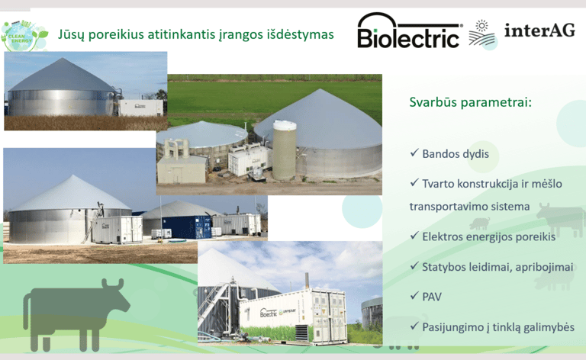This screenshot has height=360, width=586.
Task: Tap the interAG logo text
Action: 539,31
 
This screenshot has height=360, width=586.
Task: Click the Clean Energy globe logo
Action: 24,36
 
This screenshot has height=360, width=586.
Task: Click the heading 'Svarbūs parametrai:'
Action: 470,102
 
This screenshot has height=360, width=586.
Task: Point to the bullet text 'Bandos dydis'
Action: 456,154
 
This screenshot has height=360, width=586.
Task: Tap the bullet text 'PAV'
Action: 432,297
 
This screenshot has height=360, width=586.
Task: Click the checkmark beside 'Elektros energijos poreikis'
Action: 414,236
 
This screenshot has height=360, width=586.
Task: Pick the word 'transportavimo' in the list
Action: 446,207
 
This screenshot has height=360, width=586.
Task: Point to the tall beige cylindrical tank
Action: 285,150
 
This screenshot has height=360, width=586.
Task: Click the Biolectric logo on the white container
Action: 269,313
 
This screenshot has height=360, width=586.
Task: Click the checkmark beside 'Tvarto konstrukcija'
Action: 414,182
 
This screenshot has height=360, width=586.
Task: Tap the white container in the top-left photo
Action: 140,108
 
